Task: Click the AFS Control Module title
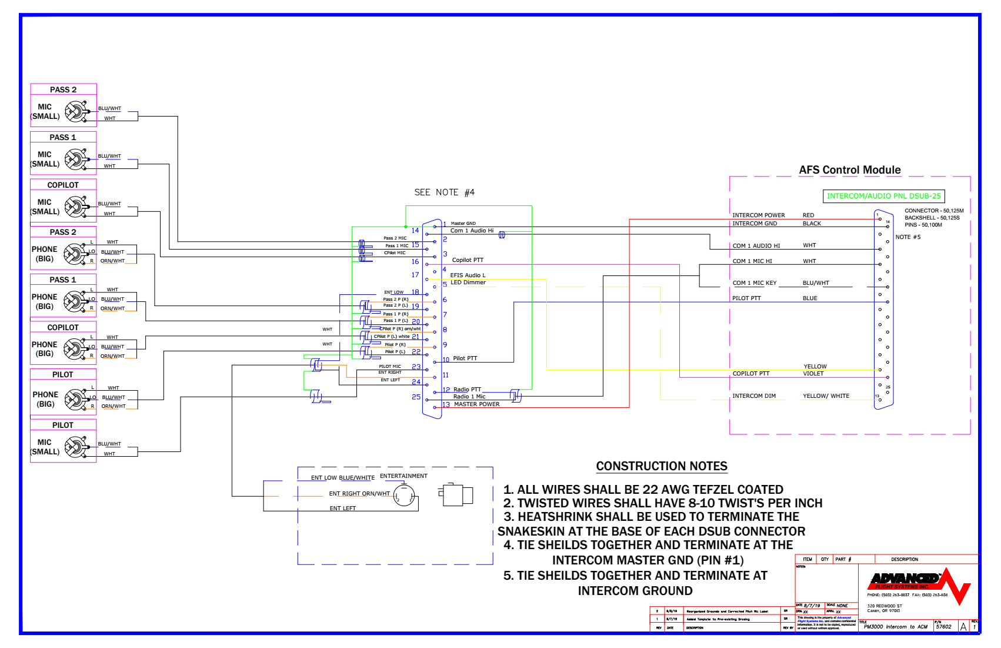[x=849, y=170]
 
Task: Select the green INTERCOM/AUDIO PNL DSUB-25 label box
[x=883, y=196]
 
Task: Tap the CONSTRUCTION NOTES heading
[x=662, y=466]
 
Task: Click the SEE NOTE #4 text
[x=444, y=192]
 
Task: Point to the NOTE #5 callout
[x=907, y=237]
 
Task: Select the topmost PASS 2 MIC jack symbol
[x=76, y=111]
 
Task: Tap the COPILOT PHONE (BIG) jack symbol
[x=76, y=349]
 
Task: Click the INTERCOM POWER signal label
[x=758, y=215]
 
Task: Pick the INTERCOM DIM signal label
[x=753, y=396]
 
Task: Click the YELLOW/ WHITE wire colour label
[x=826, y=396]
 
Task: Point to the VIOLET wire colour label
[x=813, y=374]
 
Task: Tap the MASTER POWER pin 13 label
[x=476, y=404]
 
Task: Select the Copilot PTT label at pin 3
[x=468, y=260]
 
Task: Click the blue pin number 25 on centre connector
[x=416, y=397]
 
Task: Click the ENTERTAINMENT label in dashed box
[x=403, y=476]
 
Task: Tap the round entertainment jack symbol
[x=404, y=495]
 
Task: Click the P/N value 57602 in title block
[x=943, y=627]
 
